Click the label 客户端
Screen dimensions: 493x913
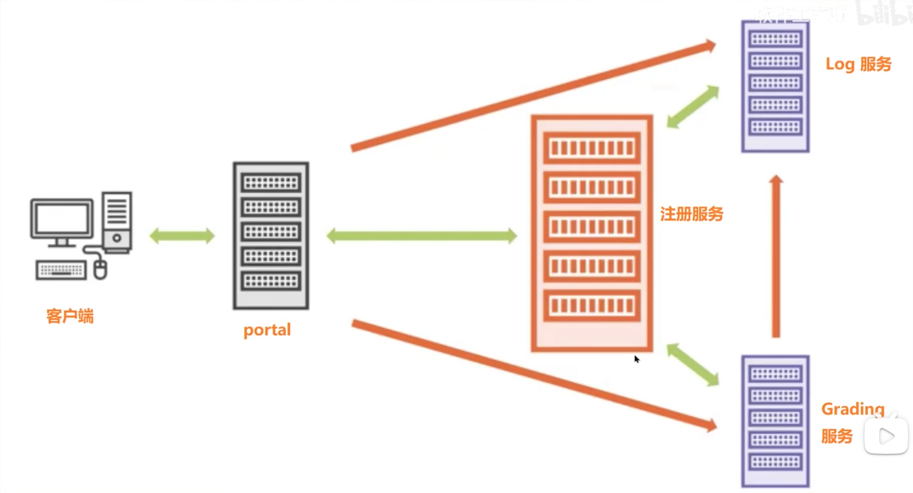pos(70,316)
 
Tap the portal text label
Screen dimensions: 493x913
pos(267,329)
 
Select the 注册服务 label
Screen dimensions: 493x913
pos(691,214)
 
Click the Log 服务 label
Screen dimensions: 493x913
pos(858,64)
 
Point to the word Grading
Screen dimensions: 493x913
pos(853,409)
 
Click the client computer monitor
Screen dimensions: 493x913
pos(62,219)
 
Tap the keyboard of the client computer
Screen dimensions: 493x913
pos(61,270)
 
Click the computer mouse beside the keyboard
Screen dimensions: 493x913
pos(100,270)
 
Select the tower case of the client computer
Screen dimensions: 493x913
pos(117,222)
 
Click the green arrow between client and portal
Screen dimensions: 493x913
pos(182,236)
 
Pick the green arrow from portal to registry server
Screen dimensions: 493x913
pos(421,236)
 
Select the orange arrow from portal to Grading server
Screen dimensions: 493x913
pos(533,376)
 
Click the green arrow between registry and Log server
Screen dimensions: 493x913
pos(693,107)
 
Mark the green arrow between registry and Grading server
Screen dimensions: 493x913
pos(693,364)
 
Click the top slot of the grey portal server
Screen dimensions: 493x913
pos(271,183)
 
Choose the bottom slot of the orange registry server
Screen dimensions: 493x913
pos(592,306)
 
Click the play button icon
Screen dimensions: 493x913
pos(886,436)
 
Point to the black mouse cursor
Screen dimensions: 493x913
pos(637,359)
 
